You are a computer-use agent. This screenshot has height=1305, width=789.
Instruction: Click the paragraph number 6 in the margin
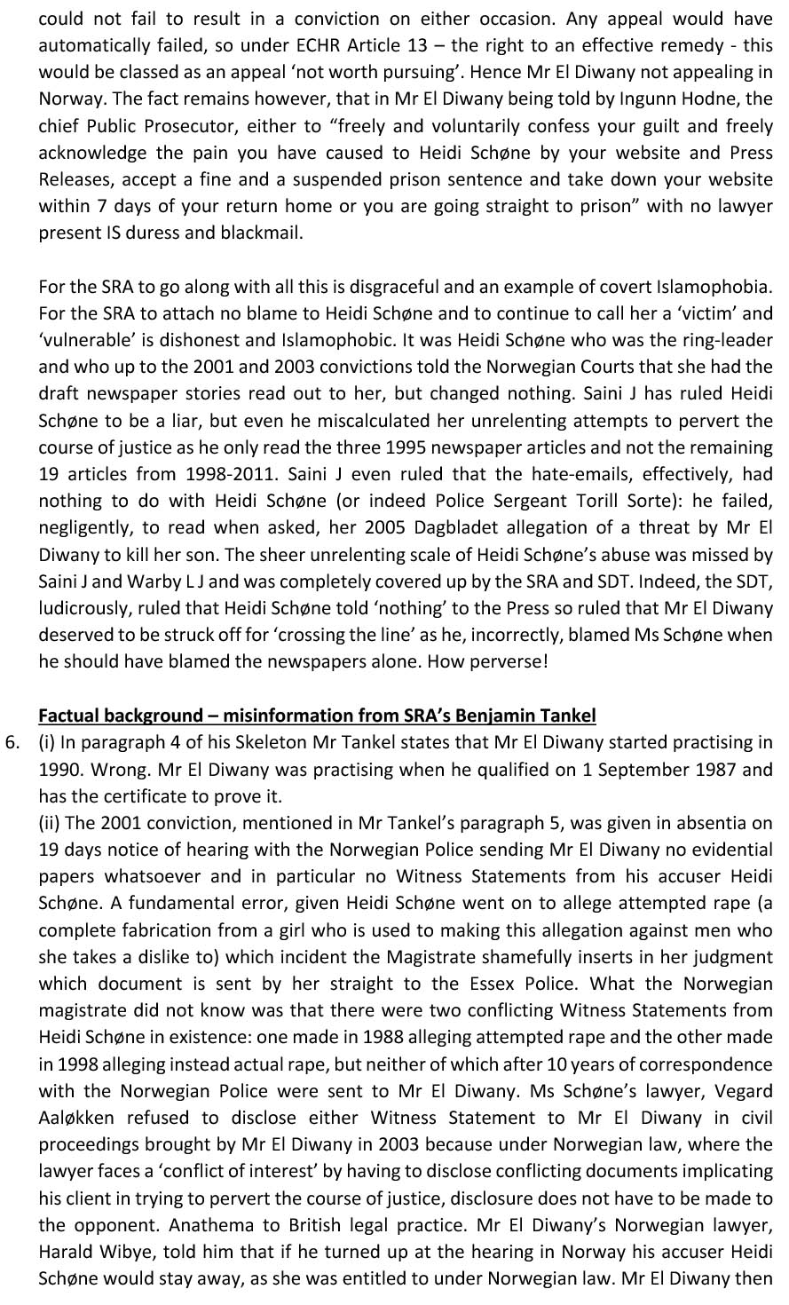pyautogui.click(x=11, y=743)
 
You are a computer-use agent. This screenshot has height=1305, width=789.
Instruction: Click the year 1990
pyautogui.click(x=60, y=770)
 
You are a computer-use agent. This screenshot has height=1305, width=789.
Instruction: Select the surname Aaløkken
pyautogui.click(x=75, y=1118)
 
